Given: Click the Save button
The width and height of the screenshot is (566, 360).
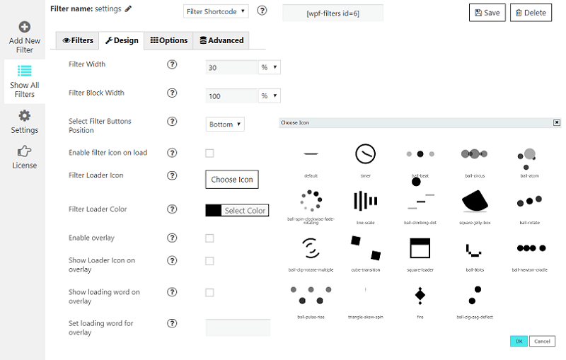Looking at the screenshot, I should point(487,13).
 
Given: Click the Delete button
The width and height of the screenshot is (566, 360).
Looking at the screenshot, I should point(531,13).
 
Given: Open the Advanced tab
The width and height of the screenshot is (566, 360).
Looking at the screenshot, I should point(221,41).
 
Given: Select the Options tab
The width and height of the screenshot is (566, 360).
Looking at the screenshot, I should point(168,41).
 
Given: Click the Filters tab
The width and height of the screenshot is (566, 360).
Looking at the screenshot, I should point(78,41).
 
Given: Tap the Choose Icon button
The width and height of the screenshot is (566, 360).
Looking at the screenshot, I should point(232,180).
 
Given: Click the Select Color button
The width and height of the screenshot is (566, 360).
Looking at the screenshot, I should point(237,210).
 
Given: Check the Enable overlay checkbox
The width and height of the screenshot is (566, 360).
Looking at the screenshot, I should point(209,238).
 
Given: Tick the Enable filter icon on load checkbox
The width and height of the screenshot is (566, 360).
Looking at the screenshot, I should point(209,153).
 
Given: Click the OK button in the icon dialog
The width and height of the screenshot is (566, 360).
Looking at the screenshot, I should point(519,342).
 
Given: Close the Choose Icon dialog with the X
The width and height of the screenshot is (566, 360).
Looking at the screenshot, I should point(557,122).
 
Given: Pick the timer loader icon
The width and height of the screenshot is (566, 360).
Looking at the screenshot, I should point(365,154).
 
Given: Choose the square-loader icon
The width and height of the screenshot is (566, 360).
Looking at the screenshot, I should point(420,248).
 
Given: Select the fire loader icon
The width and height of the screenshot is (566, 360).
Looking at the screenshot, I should point(420,294).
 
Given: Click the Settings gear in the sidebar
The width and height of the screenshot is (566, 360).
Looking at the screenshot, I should point(24,120).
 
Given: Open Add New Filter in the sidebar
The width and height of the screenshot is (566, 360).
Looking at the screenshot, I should point(25,37).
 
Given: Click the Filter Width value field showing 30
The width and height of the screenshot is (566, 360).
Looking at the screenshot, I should point(231,67).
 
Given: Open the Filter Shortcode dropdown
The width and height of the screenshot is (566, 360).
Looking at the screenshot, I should point(216,11).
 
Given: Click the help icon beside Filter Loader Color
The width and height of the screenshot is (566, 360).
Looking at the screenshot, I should point(172,209).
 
